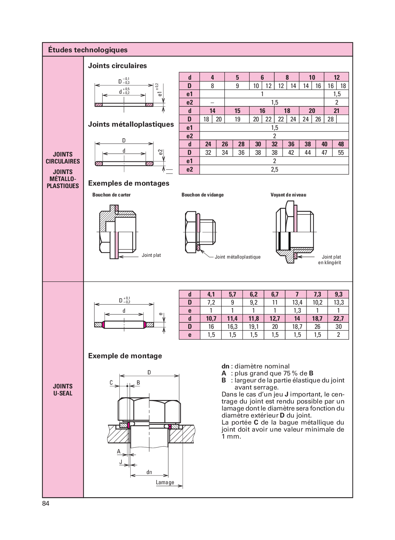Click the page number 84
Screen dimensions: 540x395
pyautogui.click(x=46, y=504)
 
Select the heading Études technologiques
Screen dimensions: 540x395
pyautogui.click(x=88, y=50)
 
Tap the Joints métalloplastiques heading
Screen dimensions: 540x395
pyautogui.click(x=131, y=124)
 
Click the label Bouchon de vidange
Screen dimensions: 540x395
pyautogui.click(x=202, y=195)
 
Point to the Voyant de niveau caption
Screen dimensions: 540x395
pyautogui.click(x=288, y=195)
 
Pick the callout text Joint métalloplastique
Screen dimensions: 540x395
pyautogui.click(x=238, y=257)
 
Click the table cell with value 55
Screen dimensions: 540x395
pyautogui.click(x=341, y=153)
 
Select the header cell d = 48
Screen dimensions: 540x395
pyautogui.click(x=341, y=144)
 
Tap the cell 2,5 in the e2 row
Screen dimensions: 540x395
pyautogui.click(x=274, y=169)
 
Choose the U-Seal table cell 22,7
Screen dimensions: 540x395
pyautogui.click(x=338, y=319)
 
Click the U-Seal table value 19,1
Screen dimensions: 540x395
pyautogui.click(x=254, y=327)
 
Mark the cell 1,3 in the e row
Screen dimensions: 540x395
pyautogui.click(x=297, y=311)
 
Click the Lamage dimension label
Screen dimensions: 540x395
pyautogui.click(x=165, y=482)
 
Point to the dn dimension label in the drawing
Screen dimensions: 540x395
pyautogui.click(x=149, y=472)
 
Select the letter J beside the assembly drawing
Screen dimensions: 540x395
pyautogui.click(x=121, y=462)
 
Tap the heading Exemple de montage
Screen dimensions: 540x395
pyautogui.click(x=125, y=356)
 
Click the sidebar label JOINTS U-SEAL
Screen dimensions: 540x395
pyautogui.click(x=63, y=390)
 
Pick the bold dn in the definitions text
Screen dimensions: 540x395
pyautogui.click(x=225, y=366)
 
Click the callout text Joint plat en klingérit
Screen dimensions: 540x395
pyautogui.click(x=330, y=260)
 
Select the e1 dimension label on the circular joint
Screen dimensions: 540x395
pyautogui.click(x=160, y=93)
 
